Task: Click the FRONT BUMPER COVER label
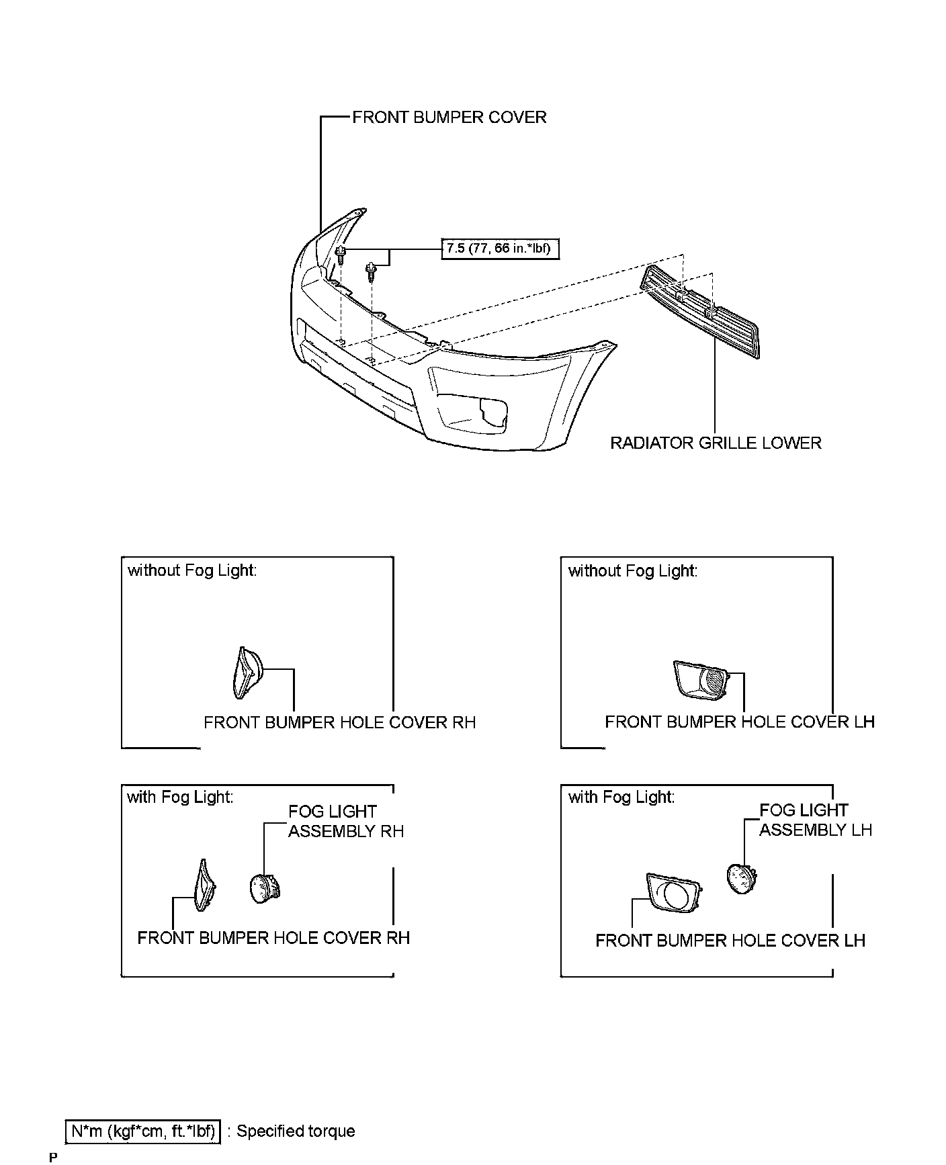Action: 449,118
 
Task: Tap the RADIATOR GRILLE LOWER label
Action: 716,443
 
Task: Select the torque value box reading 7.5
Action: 499,249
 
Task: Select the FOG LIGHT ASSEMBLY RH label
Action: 345,822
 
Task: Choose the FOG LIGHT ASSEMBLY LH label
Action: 815,820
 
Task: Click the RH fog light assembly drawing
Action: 264,888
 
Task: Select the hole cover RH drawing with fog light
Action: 203,886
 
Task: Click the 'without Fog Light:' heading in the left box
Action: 192,571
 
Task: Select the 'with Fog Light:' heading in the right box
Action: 621,797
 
